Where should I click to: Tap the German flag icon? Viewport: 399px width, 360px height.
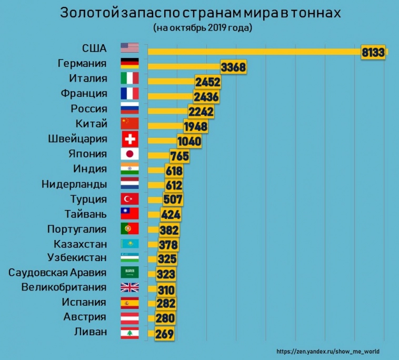tap(129, 64)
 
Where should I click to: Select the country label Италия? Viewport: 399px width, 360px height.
tap(88, 79)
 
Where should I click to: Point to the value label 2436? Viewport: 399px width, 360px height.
tap(206, 97)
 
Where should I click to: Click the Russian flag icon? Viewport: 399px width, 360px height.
tap(129, 109)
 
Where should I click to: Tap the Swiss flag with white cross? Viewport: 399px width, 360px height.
tap(129, 139)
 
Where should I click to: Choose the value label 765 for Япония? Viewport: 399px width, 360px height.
tap(179, 157)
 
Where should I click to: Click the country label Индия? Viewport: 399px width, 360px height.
tap(90, 169)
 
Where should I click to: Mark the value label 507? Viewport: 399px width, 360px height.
tap(173, 200)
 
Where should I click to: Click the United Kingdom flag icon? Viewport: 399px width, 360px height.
tap(129, 287)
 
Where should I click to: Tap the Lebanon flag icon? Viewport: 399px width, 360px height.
tap(129, 332)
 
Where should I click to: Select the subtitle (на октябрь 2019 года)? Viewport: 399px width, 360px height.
tap(203, 28)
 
